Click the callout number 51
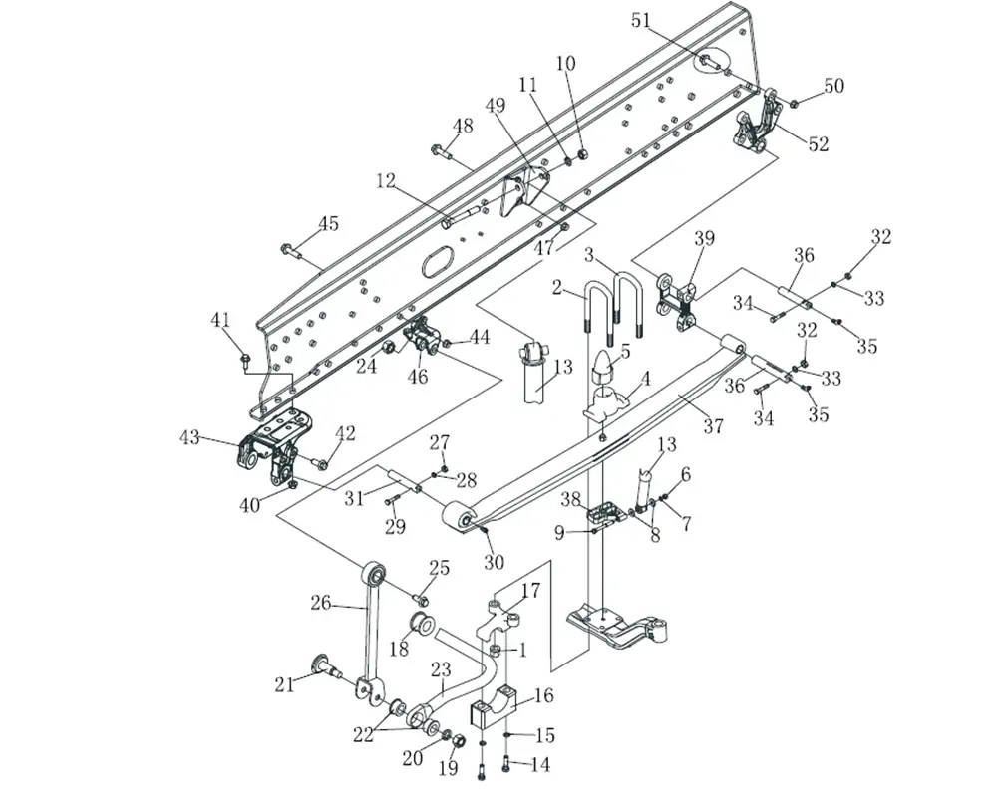pyautogui.click(x=640, y=20)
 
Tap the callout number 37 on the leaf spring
pyautogui.click(x=712, y=425)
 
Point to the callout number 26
pyautogui.click(x=320, y=602)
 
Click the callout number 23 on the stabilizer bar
pyautogui.click(x=441, y=670)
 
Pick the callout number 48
pyautogui.click(x=463, y=126)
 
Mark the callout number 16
pyautogui.click(x=544, y=696)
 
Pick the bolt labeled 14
pyautogui.click(x=505, y=764)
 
